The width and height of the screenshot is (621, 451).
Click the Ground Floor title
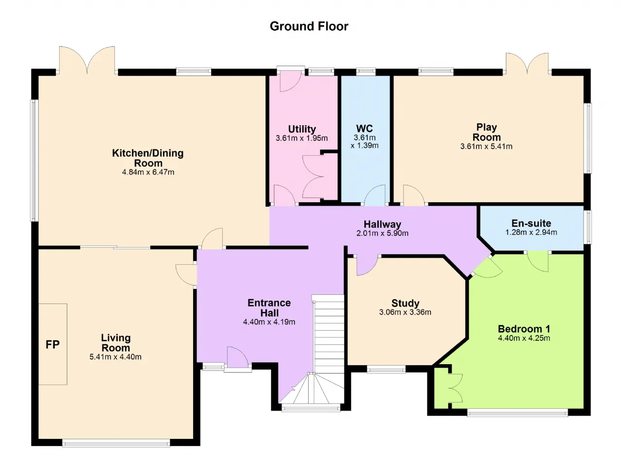tap(309, 26)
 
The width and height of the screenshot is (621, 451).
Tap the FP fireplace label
tap(52, 345)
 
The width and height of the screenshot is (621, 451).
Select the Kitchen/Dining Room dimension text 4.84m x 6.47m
tap(148, 172)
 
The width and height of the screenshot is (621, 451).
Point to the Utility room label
tap(302, 129)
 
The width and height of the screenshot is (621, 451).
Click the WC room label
tap(364, 129)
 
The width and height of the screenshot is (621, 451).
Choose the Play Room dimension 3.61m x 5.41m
tap(486, 146)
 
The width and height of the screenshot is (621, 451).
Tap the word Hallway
tap(382, 224)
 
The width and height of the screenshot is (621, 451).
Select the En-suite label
tap(531, 223)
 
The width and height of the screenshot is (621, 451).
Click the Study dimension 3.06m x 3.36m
tap(405, 312)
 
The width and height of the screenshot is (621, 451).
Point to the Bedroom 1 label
tap(524, 329)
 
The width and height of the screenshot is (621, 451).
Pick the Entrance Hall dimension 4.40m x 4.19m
tap(269, 322)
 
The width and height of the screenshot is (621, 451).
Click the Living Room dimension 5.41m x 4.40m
tap(115, 357)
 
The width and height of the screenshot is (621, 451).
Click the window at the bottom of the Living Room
tap(116, 443)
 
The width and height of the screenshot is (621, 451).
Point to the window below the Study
tap(386, 370)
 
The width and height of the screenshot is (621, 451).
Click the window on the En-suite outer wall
tap(588, 227)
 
